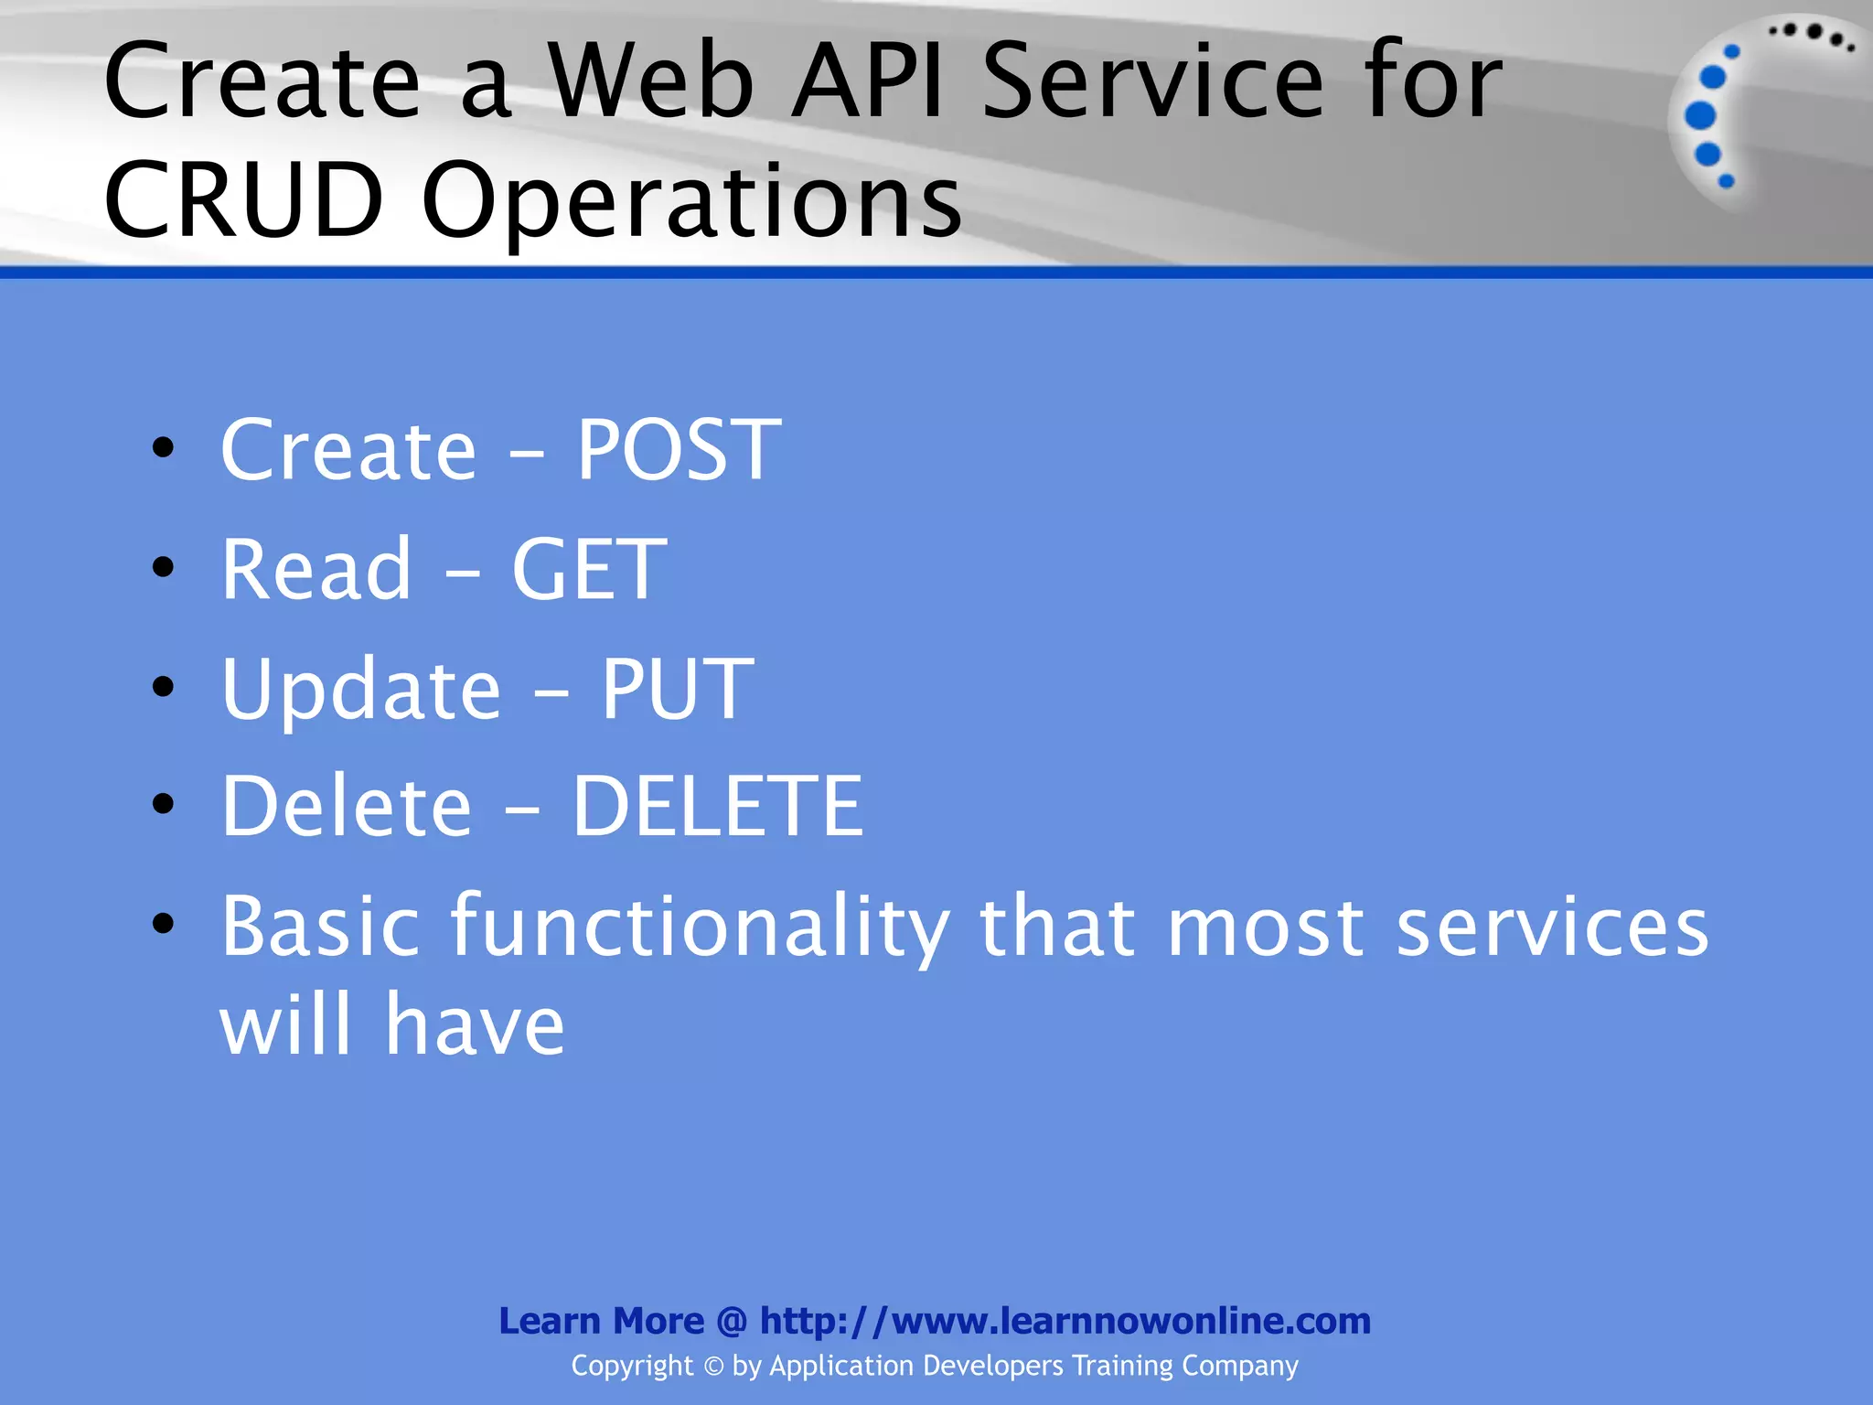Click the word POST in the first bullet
pyautogui.click(x=679, y=449)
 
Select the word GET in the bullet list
pyautogui.click(x=588, y=569)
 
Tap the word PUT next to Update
pyautogui.click(x=677, y=689)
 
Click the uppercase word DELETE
pyautogui.click(x=717, y=806)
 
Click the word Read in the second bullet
pyautogui.click(x=316, y=569)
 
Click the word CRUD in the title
pyautogui.click(x=243, y=199)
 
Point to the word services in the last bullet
pyautogui.click(x=1552, y=928)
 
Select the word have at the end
pyautogui.click(x=474, y=1024)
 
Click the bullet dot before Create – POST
pyautogui.click(x=164, y=448)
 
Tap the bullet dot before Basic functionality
pyautogui.click(x=164, y=924)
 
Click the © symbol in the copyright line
pyautogui.click(x=713, y=1367)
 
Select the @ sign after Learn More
pyautogui.click(x=732, y=1321)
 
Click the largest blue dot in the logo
pyautogui.click(x=1700, y=115)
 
